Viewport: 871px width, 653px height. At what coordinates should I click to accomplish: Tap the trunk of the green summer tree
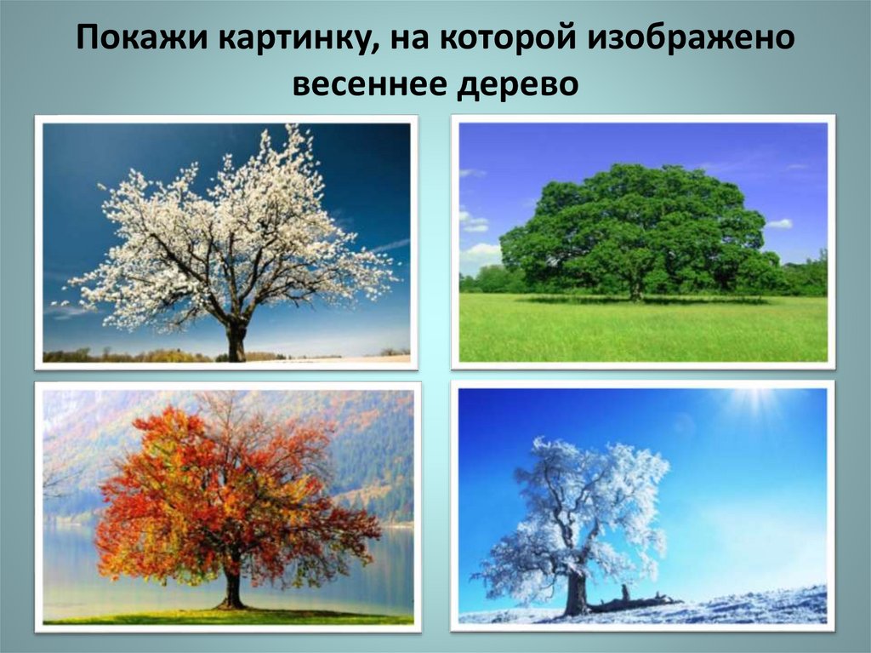[635, 289]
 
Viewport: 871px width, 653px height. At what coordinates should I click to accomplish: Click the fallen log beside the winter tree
[634, 604]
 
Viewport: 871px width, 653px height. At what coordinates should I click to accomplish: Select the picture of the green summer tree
[643, 243]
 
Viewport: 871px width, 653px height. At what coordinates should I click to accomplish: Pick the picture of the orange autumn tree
[228, 507]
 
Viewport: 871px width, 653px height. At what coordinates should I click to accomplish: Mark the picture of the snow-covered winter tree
[643, 507]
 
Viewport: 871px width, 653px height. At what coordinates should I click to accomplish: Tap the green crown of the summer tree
[638, 221]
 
